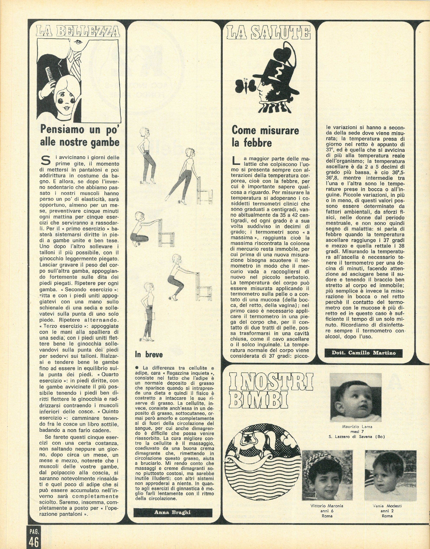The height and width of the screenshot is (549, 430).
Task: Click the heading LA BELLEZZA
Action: point(78,31)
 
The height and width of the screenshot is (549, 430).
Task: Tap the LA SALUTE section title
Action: point(268,33)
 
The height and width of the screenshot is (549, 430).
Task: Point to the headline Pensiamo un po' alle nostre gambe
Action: point(80,136)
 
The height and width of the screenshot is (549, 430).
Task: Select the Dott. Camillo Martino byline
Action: point(363,353)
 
